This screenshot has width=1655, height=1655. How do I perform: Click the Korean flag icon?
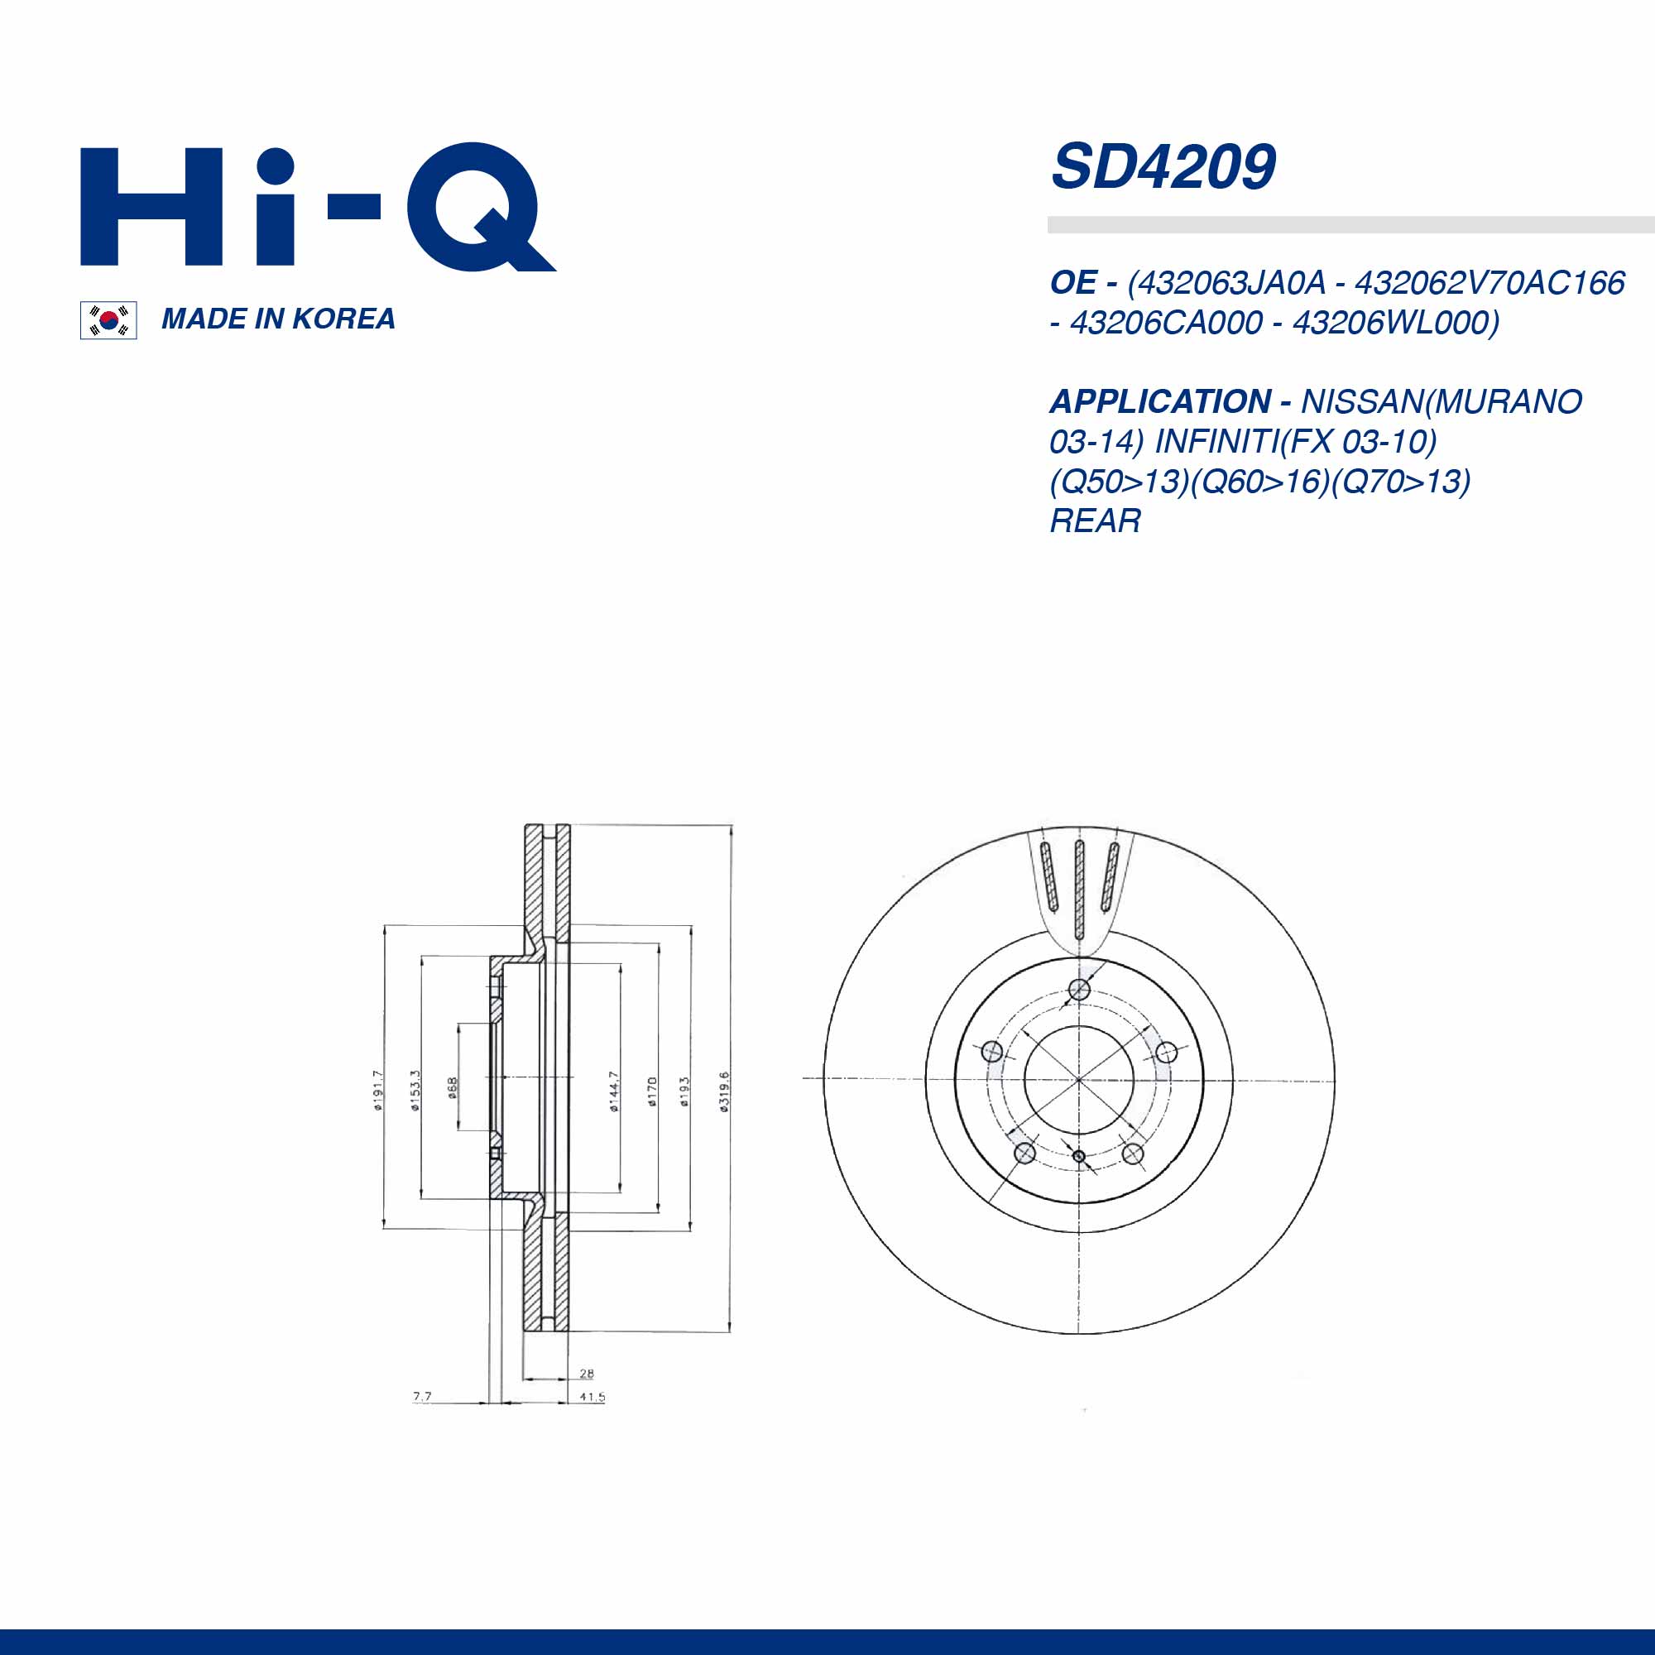tap(108, 320)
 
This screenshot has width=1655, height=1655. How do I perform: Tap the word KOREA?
tap(343, 319)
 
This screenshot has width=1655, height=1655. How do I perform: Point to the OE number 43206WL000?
tap(1395, 323)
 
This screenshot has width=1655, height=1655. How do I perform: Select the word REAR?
tap(1095, 520)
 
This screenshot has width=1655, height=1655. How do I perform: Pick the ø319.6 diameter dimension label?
tap(724, 1091)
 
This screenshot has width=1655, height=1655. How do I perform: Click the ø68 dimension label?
tap(453, 1087)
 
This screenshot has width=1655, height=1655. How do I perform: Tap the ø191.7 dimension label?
tap(379, 1090)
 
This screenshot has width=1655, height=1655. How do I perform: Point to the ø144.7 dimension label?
tap(613, 1091)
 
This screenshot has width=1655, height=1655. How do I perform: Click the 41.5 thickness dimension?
tap(592, 1397)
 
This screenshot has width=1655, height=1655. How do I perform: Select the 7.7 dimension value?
tap(422, 1396)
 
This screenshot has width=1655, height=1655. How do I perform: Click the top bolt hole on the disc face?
tap(1079, 991)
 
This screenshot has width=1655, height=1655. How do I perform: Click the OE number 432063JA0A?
tap(1226, 283)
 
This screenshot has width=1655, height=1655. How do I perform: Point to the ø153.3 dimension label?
tap(415, 1090)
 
